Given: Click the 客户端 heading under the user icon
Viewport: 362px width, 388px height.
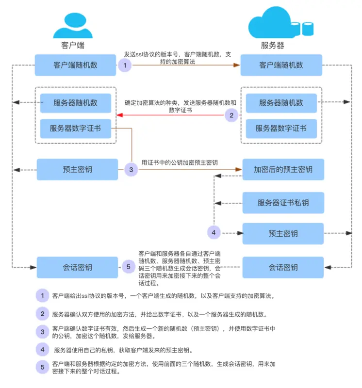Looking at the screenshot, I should click(x=73, y=46).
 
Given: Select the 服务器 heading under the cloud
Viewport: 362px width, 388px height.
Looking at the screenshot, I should click(x=273, y=46).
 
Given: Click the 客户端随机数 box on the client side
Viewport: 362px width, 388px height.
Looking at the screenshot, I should click(x=76, y=65).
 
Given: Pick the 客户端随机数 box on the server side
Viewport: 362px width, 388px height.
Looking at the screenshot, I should click(x=281, y=65).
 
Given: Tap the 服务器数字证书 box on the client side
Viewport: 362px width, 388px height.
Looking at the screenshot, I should click(x=76, y=129).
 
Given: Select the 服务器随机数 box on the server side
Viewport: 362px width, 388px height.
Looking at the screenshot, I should click(x=281, y=103).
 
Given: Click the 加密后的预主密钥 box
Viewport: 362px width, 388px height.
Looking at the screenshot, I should click(x=283, y=170).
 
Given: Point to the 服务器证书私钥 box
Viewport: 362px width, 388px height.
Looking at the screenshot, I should click(x=283, y=203).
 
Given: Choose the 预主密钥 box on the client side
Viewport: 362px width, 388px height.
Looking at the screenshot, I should click(x=78, y=170).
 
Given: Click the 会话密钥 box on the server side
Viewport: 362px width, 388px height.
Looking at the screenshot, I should click(x=283, y=267).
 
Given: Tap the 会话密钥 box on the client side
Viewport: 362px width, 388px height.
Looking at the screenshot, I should click(x=78, y=267).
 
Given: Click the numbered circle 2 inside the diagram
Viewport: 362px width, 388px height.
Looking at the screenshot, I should click(x=232, y=115).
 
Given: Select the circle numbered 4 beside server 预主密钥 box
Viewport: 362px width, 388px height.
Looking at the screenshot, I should click(x=214, y=233).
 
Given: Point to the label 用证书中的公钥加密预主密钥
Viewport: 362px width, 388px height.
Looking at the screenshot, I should click(x=179, y=162).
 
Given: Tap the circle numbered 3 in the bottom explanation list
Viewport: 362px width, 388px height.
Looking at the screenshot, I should click(x=43, y=332).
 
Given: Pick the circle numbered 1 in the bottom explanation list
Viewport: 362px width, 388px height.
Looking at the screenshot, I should click(x=43, y=295).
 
